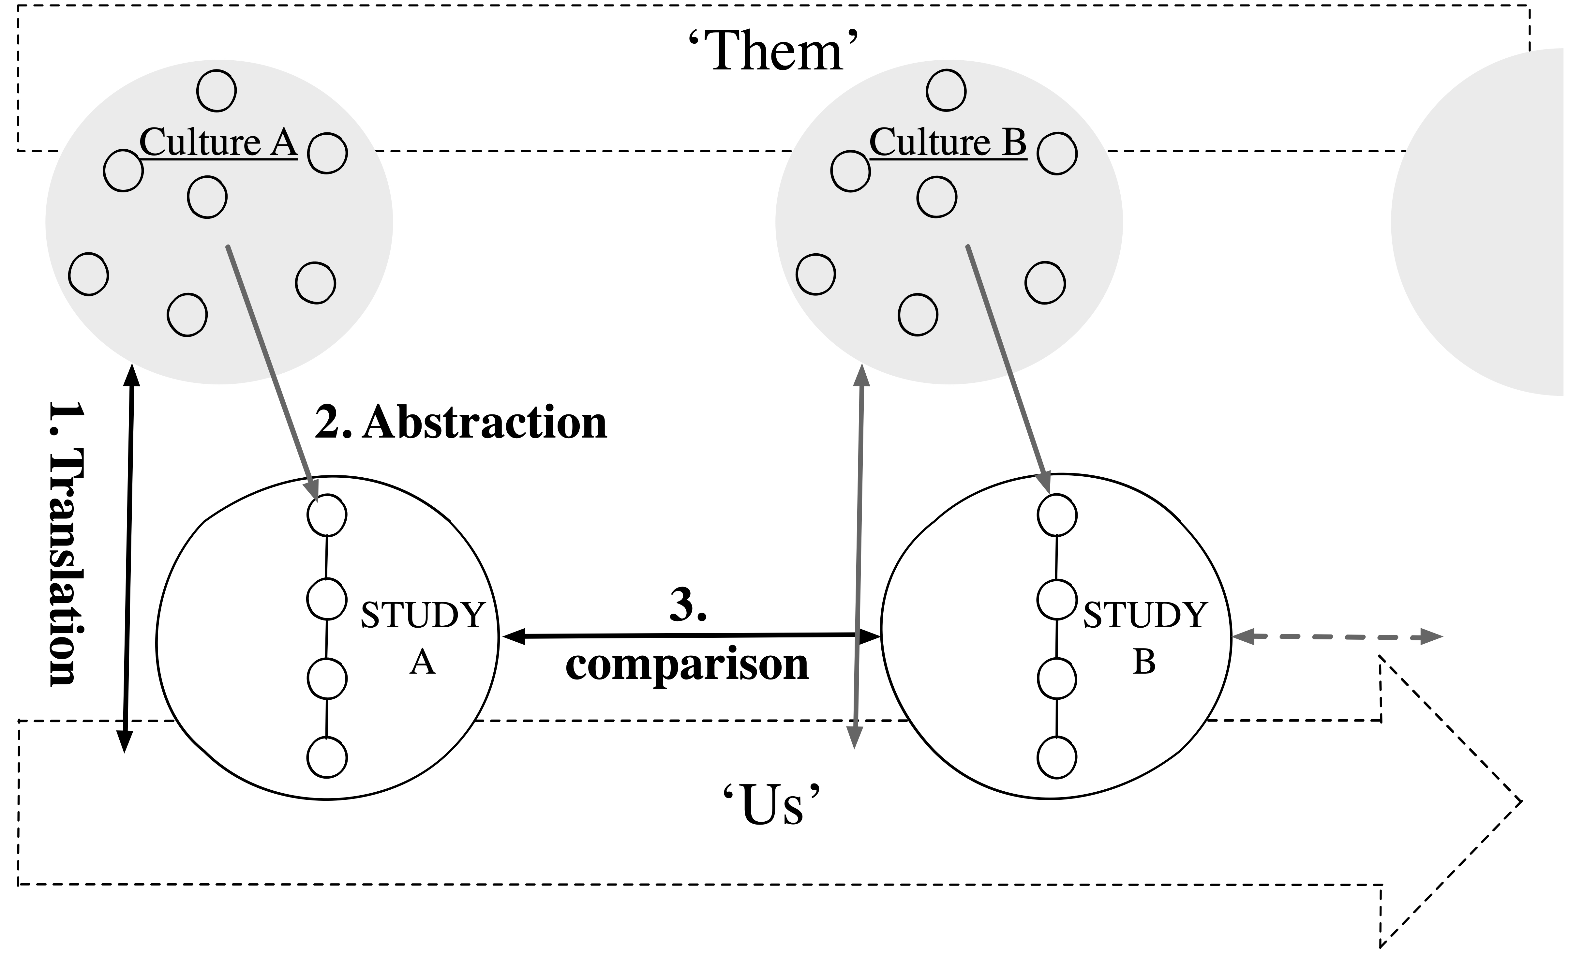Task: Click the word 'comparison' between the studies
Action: point(687,666)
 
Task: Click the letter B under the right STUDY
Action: point(1144,662)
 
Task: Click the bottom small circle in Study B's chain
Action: point(1057,758)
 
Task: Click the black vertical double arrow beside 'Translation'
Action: point(128,558)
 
